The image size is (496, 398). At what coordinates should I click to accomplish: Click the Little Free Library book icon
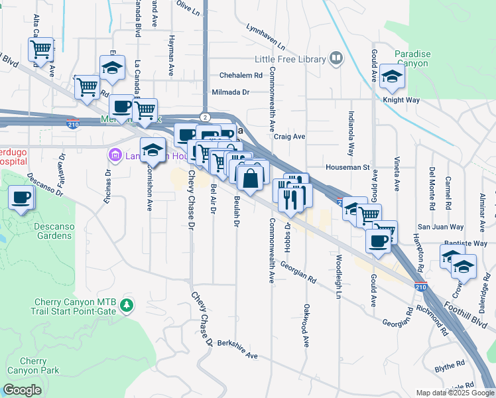coord(336,59)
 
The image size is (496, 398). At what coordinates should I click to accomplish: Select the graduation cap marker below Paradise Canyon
coord(393,77)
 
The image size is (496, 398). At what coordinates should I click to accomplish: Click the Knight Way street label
coord(401,99)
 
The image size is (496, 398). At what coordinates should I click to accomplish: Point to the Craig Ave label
coord(290,137)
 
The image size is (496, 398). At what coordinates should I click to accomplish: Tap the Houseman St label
coord(347,168)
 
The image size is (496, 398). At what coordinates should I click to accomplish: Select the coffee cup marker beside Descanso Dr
coord(21,198)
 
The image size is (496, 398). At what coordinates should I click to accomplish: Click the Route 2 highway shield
coord(207,117)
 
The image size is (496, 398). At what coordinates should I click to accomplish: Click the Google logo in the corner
coord(23,390)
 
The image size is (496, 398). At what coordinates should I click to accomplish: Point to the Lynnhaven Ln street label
coord(265,38)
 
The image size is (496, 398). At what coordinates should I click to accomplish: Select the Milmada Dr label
coord(230,92)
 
